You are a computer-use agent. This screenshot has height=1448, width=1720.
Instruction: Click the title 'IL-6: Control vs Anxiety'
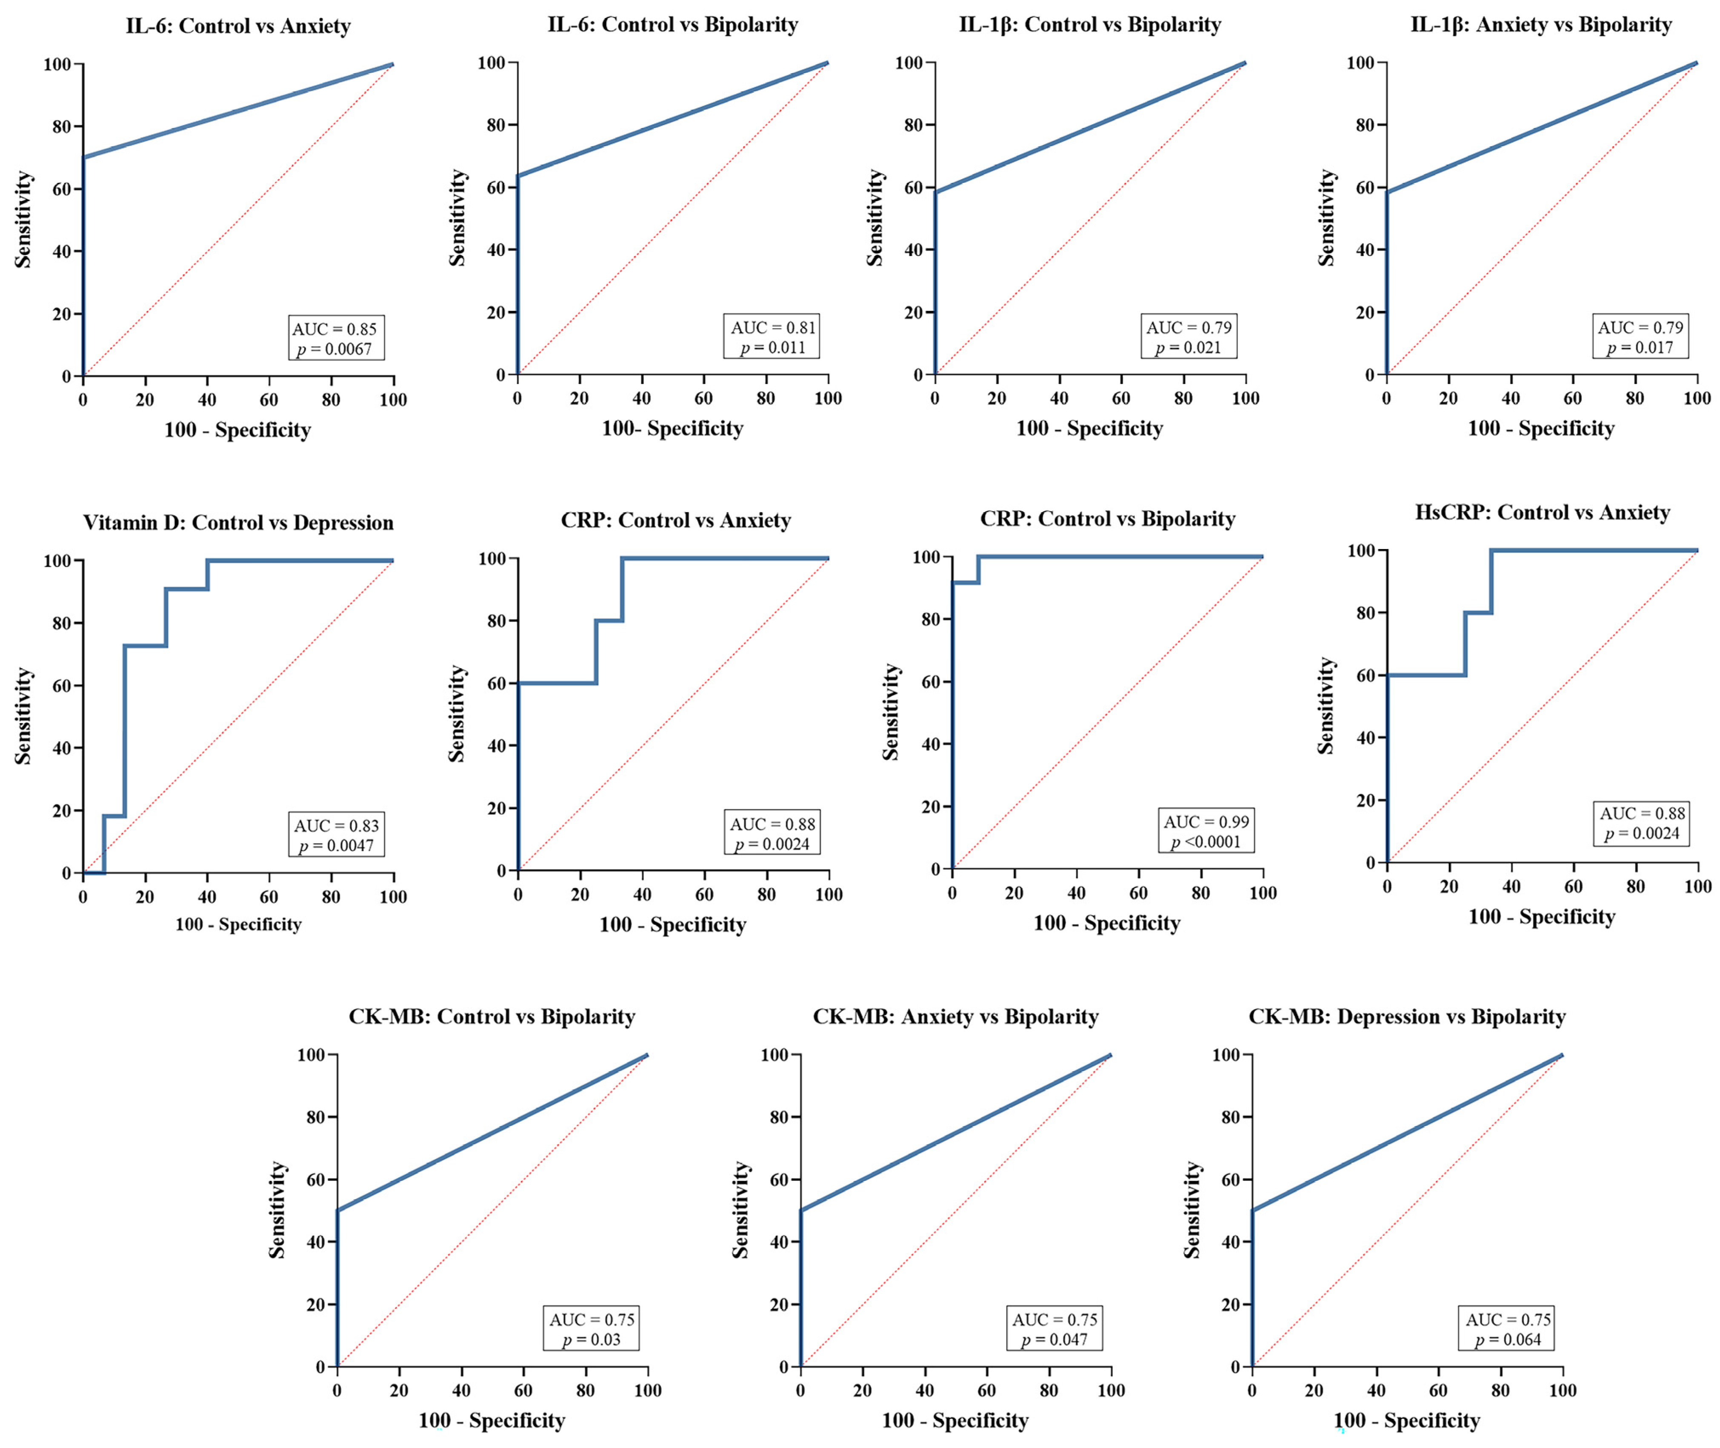click(x=238, y=26)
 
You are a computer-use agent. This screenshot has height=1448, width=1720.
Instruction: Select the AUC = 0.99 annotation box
click(x=1206, y=832)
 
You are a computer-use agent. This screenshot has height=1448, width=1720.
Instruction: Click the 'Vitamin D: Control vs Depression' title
click(x=238, y=523)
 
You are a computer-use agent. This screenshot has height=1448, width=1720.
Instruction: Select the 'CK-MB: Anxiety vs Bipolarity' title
click(x=955, y=1017)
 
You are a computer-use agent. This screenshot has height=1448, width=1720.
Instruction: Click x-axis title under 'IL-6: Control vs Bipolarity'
click(x=672, y=429)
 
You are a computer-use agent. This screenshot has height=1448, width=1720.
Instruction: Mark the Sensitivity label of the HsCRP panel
click(x=1325, y=706)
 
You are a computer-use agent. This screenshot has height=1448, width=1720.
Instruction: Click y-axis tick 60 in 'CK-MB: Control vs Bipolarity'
click(x=316, y=1179)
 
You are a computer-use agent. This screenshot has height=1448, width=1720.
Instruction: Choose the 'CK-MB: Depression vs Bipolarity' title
click(x=1406, y=1017)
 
